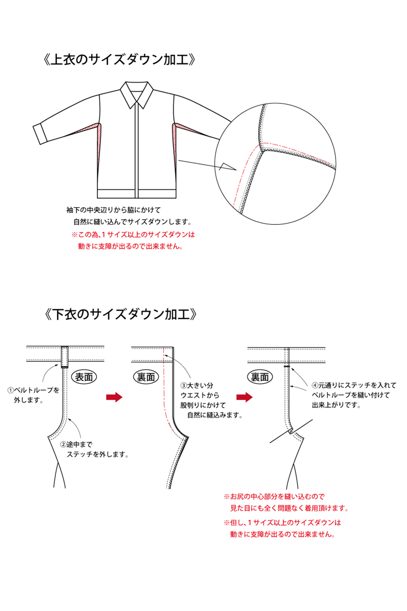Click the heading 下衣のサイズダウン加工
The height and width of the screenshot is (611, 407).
coord(120,314)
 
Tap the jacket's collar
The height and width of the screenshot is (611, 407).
coord(137,94)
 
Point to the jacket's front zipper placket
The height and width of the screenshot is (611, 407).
coord(137,153)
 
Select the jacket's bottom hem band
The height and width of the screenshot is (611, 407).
coord(137,193)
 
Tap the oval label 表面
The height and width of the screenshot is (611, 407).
coord(84,377)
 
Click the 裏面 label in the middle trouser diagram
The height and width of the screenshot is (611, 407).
coord(146,377)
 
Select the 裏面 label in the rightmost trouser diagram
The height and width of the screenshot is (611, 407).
coord(260,377)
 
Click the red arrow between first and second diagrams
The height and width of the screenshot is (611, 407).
coord(114,397)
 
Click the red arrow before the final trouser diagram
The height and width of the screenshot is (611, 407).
coord(245,397)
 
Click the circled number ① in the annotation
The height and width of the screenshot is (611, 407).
coord(10,390)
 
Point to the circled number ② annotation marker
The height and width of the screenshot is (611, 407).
coord(63,445)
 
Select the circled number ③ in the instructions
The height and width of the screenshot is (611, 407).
coord(184,386)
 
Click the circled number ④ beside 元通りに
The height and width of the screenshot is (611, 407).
coord(315,385)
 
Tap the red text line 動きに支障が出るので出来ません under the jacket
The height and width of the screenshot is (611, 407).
coord(130,246)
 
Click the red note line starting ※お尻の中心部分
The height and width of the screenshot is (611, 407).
coord(274,497)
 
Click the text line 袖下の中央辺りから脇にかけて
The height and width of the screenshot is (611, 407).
coord(114,210)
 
